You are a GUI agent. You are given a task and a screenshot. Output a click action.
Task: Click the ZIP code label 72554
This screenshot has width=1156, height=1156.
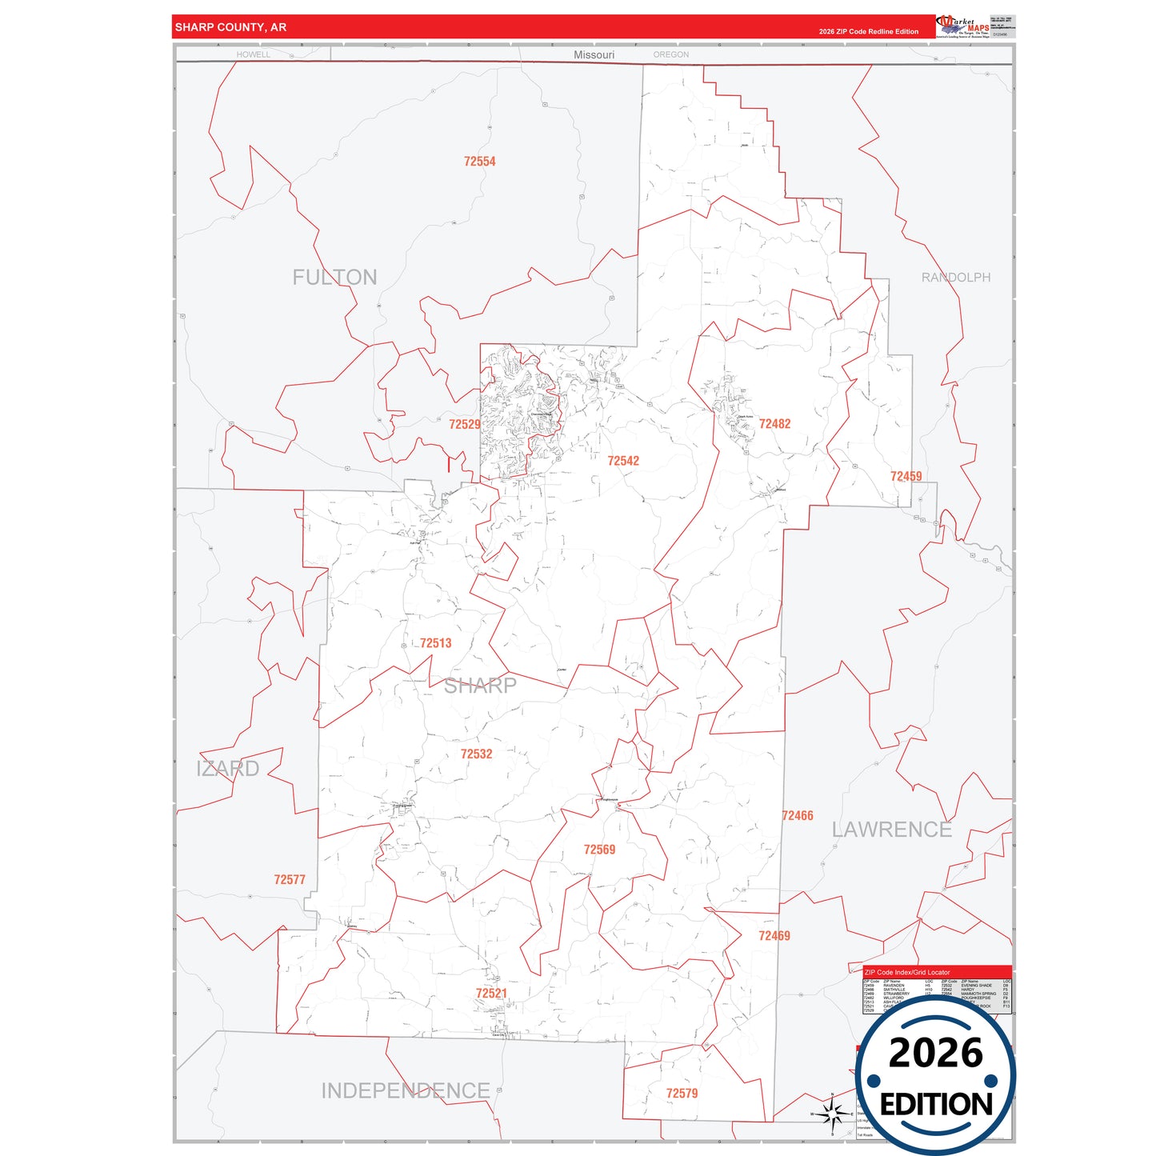click(479, 162)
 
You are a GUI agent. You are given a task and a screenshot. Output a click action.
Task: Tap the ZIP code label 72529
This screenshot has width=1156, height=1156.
click(464, 425)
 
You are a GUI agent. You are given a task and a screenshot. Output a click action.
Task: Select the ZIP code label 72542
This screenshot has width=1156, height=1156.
click(622, 461)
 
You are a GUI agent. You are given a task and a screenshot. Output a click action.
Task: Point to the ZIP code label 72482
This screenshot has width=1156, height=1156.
click(774, 424)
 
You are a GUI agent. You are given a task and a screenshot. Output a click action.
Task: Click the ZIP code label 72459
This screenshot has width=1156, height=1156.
click(906, 477)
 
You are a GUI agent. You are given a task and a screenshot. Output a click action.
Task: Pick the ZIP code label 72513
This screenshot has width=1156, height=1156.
click(435, 643)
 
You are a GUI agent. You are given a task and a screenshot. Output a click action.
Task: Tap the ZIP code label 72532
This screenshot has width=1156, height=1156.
click(476, 754)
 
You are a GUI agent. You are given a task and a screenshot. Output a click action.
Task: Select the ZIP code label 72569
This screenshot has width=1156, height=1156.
click(599, 850)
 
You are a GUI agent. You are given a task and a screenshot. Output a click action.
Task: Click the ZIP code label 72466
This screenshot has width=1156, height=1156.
click(797, 816)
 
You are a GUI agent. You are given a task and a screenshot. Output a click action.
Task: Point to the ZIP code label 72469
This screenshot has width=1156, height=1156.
click(774, 936)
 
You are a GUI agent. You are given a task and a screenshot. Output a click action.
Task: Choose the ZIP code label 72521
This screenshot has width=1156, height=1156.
click(491, 994)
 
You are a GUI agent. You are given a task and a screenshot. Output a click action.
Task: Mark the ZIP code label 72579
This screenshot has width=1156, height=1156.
click(682, 1094)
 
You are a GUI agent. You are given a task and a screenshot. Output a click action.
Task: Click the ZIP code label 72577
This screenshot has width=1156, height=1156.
click(290, 880)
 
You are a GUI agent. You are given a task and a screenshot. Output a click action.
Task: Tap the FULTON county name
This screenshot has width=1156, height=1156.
click(334, 278)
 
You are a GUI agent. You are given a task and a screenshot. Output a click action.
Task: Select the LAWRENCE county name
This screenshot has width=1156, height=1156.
click(891, 830)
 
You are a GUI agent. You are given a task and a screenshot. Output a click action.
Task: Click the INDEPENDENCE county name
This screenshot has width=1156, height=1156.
click(405, 1090)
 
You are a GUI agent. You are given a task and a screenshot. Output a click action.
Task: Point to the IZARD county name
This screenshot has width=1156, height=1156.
click(228, 769)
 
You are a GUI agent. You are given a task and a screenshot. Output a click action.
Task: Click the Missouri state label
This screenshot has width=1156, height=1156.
click(594, 54)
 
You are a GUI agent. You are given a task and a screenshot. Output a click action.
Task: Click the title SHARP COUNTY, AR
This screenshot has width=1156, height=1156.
click(230, 27)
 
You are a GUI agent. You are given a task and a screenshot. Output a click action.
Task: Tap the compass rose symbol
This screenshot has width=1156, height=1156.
click(832, 1113)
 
